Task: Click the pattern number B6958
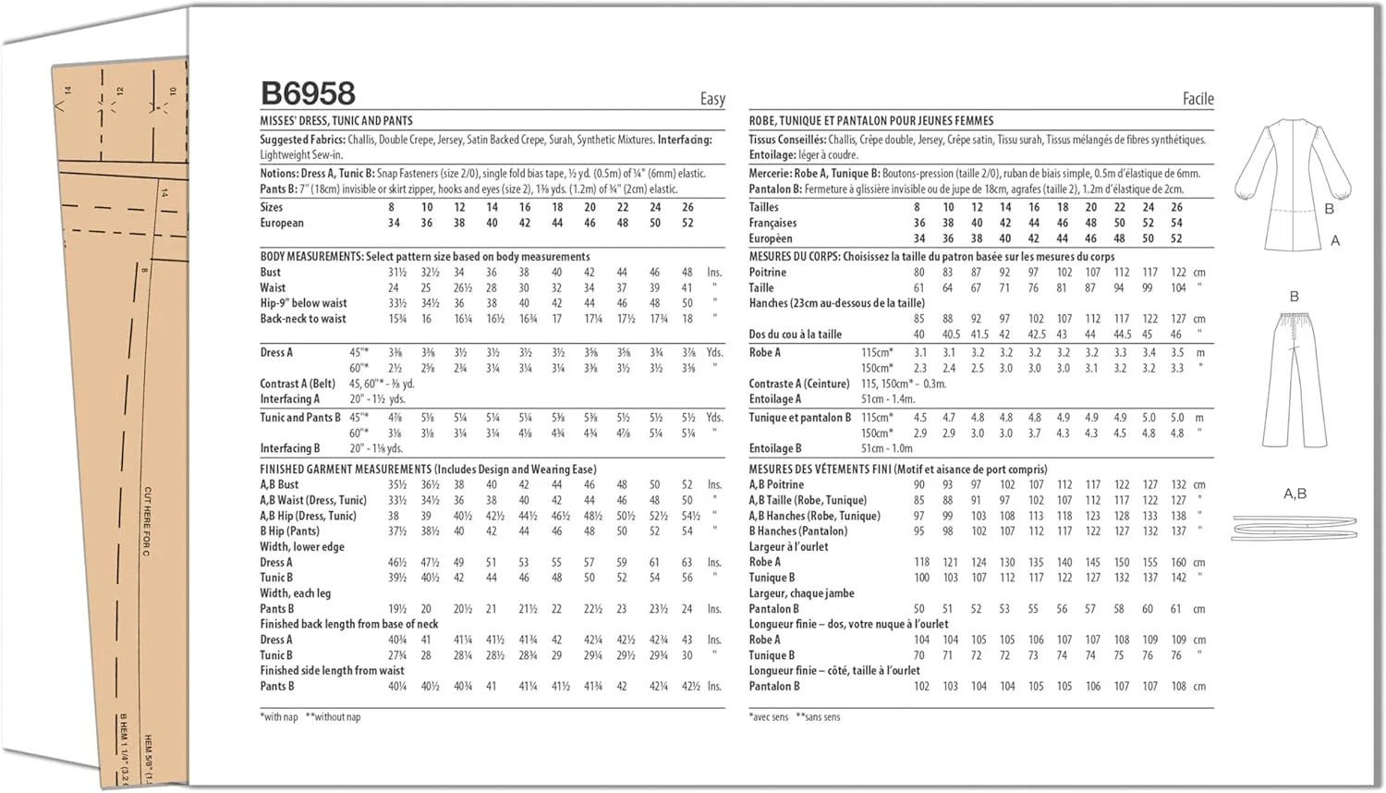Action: (308, 93)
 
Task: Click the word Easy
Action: (712, 99)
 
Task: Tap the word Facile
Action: (1198, 99)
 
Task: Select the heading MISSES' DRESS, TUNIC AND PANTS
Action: (336, 121)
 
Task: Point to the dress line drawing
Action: (1292, 185)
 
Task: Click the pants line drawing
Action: (1294, 379)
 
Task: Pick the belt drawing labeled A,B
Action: (1294, 529)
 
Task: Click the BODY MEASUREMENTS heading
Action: (311, 257)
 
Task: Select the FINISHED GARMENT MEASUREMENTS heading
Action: (346, 470)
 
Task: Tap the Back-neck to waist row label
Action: (303, 319)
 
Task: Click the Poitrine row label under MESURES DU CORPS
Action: (768, 273)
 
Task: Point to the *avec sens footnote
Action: (770, 717)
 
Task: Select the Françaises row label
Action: (772, 223)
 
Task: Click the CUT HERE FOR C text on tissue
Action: (147, 521)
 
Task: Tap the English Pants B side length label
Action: (277, 687)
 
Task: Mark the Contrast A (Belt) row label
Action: (298, 384)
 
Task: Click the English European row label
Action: (282, 223)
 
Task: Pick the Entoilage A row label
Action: (775, 399)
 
